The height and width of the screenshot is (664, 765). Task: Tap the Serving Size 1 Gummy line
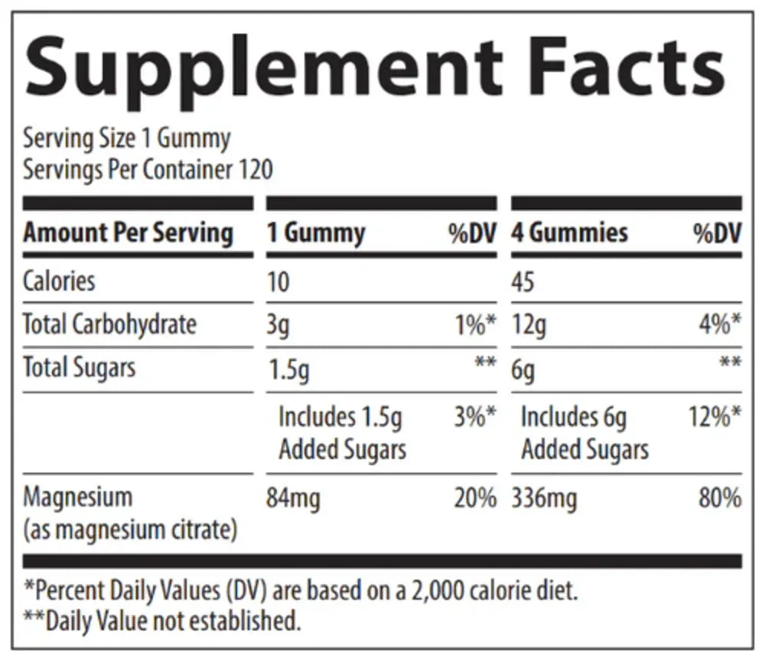(126, 139)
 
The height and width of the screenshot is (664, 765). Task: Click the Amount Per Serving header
(128, 233)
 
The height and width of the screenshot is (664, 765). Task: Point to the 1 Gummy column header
(316, 233)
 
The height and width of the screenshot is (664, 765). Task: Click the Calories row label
(59, 281)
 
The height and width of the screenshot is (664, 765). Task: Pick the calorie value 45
(523, 282)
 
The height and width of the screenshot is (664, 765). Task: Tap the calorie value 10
(278, 282)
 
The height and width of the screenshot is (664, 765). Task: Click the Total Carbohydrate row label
(109, 325)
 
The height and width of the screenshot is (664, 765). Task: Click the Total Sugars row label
(79, 368)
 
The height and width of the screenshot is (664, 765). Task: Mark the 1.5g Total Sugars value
(288, 371)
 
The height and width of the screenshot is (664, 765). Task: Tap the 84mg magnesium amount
(293, 500)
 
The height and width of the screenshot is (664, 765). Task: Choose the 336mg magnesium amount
(544, 500)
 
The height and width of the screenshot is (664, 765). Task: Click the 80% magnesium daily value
(720, 499)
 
